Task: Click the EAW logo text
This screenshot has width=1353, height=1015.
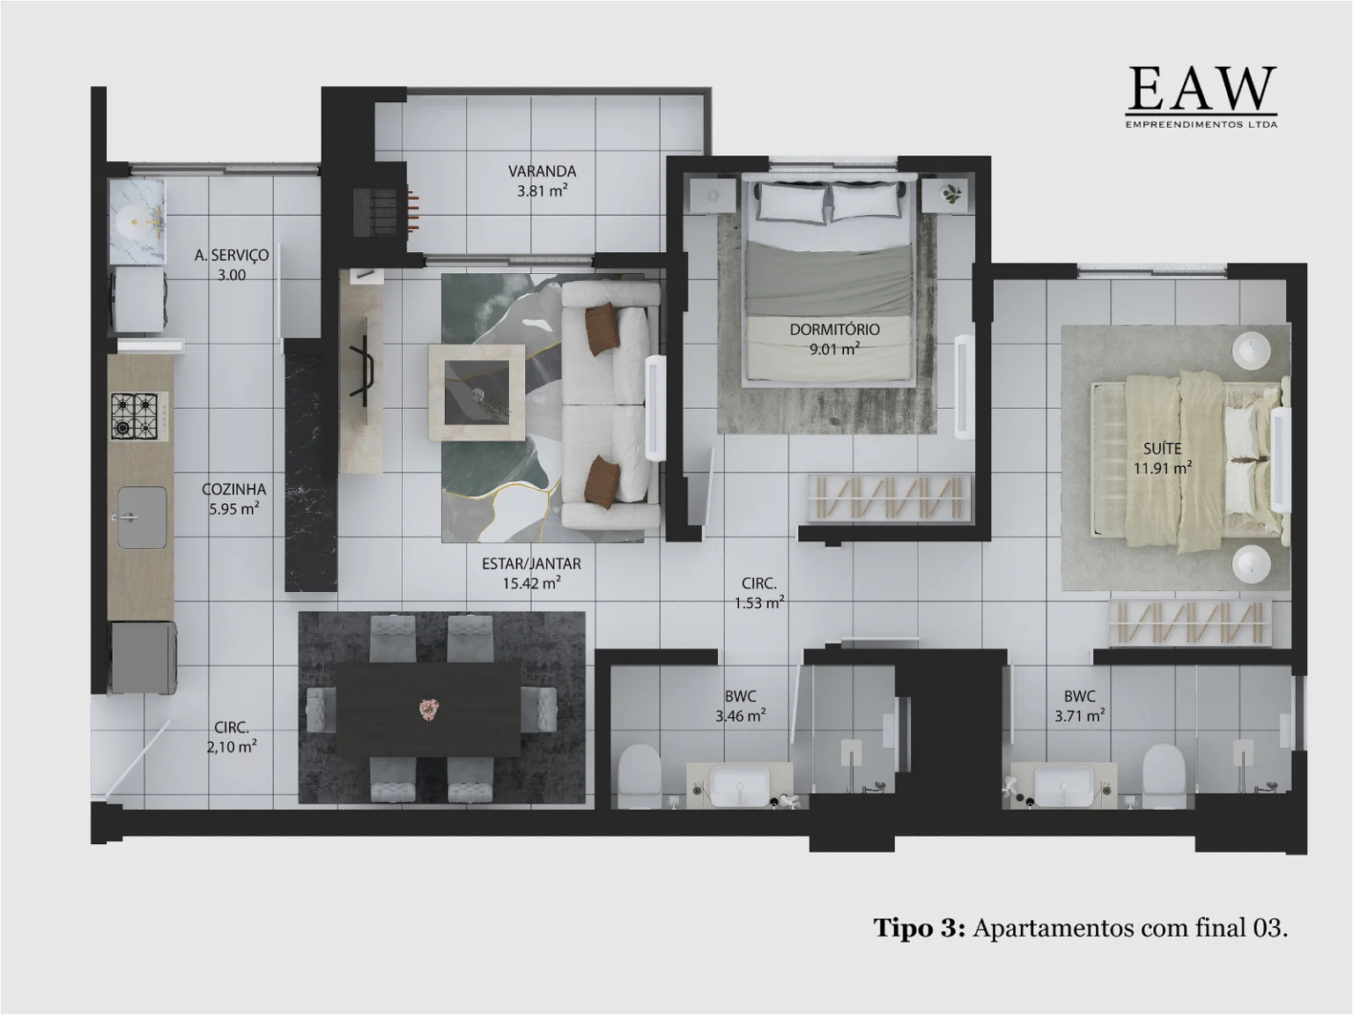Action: coord(1201,89)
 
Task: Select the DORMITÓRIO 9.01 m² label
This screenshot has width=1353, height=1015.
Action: coord(834,338)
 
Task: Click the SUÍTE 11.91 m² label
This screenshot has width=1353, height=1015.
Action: coord(1163,458)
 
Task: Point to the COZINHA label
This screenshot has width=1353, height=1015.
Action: coord(233,499)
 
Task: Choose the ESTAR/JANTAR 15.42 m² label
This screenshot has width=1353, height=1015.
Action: coord(531,573)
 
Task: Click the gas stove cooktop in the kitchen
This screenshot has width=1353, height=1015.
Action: coord(134,417)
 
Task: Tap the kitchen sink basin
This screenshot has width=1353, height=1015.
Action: coord(141,517)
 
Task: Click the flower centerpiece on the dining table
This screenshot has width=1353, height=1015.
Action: coord(429,708)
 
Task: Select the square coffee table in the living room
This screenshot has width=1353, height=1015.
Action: coord(477,391)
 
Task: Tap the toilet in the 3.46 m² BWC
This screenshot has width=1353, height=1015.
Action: coord(639,775)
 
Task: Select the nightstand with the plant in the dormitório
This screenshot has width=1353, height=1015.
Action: coord(950,194)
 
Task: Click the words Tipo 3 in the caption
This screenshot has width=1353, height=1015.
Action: coord(919,928)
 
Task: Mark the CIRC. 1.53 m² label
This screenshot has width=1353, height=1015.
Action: coord(758,593)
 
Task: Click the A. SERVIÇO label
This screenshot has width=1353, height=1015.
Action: coord(232,264)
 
